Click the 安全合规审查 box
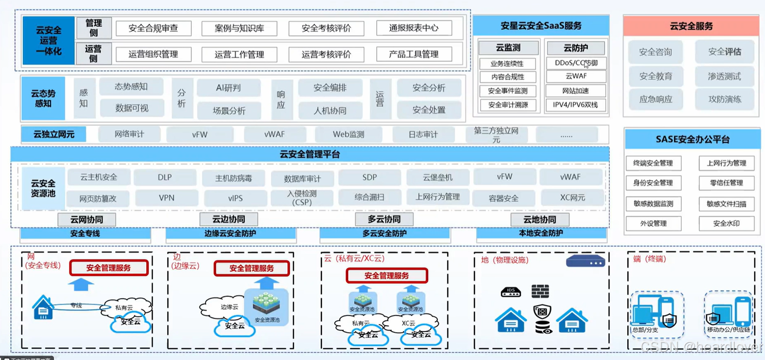(x=153, y=28)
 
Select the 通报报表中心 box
(x=414, y=28)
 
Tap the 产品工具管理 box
(x=414, y=54)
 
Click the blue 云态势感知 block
(x=43, y=98)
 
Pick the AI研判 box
(x=228, y=88)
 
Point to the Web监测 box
(x=348, y=134)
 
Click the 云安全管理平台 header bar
(x=310, y=154)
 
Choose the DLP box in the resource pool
(x=165, y=177)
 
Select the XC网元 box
(x=572, y=198)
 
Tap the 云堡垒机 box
(x=437, y=177)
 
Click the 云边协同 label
(x=228, y=219)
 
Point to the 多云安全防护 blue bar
(x=385, y=233)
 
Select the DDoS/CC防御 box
(x=576, y=63)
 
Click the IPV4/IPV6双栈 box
(x=576, y=105)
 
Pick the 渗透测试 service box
(x=724, y=76)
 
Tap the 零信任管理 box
(x=727, y=183)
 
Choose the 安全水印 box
(x=727, y=223)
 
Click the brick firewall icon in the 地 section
(x=540, y=291)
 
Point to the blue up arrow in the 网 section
(x=80, y=284)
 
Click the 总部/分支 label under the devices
(x=645, y=330)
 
